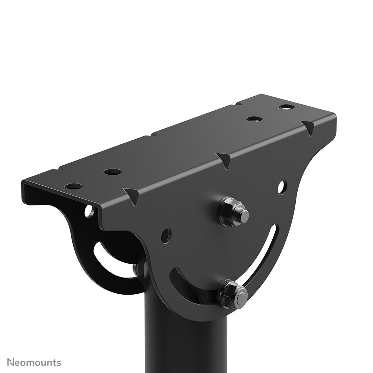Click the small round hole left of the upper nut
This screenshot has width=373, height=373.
(166, 235)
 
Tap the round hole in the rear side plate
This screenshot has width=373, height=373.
(89, 211)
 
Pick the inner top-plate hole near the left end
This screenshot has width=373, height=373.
(112, 172)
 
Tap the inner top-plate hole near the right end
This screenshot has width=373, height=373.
(254, 119)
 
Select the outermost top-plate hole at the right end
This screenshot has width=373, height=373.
(286, 107)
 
